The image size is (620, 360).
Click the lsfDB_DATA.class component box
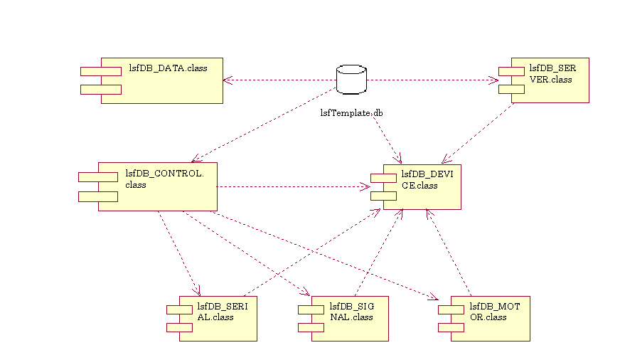[x=162, y=80]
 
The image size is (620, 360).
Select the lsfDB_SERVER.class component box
[x=550, y=80]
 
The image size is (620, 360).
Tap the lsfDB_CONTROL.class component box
[x=158, y=186]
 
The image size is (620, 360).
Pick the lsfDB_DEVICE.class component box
[x=422, y=186]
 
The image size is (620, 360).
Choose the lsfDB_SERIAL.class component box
[x=218, y=319]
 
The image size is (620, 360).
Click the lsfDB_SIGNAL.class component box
[x=348, y=319]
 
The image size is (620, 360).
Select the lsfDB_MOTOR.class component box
[x=490, y=319]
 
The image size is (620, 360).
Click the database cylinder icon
[x=351, y=80]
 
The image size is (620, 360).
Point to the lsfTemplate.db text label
[x=351, y=112]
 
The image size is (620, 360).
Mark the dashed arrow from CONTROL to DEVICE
[x=292, y=187]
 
